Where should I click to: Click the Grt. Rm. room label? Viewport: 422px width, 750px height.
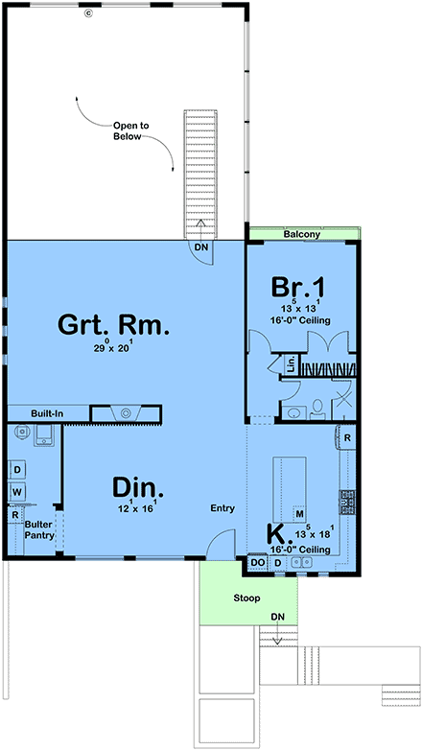coord(113,324)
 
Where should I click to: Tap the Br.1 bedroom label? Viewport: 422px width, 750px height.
coord(298,288)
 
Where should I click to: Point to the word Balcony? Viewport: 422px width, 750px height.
coord(301,234)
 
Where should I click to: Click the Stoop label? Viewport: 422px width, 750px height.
coord(246,598)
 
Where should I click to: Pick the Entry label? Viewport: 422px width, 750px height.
coord(223,508)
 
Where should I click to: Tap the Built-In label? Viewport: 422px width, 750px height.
coord(47,412)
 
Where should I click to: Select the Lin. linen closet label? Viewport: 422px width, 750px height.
coord(291,365)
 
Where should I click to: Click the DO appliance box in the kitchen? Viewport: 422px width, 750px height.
coord(258,562)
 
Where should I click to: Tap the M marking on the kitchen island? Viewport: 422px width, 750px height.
coord(300,514)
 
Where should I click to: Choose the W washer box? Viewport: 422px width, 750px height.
coord(17,492)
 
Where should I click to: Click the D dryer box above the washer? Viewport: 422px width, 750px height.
coord(17,470)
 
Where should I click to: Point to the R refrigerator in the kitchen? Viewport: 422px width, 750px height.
coord(347,438)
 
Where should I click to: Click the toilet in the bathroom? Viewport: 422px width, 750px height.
coord(316,410)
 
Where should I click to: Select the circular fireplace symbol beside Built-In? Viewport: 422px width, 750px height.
coord(126,412)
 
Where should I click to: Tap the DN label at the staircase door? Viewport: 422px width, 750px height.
coord(200,246)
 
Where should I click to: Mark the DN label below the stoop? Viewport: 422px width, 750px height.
coord(277,617)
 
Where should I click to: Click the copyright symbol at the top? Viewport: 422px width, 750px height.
coord(87,13)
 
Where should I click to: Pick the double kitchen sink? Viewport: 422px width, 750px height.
coord(302,562)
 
